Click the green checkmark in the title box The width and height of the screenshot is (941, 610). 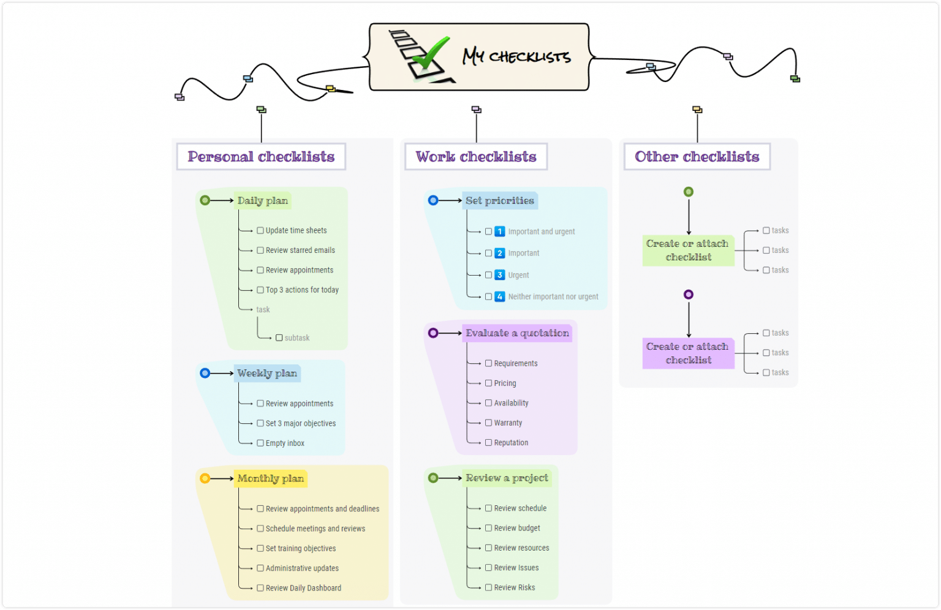point(431,53)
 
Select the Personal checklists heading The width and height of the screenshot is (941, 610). point(261,157)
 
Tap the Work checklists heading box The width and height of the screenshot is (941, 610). point(476,157)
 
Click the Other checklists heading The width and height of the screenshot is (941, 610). point(697,157)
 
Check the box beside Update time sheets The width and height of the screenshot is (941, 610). point(260,231)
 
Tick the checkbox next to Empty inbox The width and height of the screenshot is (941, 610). point(260,443)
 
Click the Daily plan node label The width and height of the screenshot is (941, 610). point(263,200)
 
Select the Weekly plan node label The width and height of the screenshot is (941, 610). point(267,373)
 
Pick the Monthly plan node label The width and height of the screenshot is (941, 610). point(271,478)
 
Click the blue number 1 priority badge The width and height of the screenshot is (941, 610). point(499,232)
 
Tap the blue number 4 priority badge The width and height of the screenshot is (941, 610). point(499,296)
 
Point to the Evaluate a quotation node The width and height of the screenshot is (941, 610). point(517,333)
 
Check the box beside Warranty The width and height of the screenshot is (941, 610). point(488,423)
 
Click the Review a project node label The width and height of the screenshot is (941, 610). point(507,478)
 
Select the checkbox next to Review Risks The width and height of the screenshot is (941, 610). point(488,587)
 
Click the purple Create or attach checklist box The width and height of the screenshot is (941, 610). point(688,353)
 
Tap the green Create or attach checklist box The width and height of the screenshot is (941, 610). point(688,250)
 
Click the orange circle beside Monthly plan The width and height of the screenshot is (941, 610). point(205,478)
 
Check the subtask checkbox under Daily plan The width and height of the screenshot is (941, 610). point(279,338)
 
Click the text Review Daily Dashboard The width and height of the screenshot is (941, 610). point(303,588)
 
